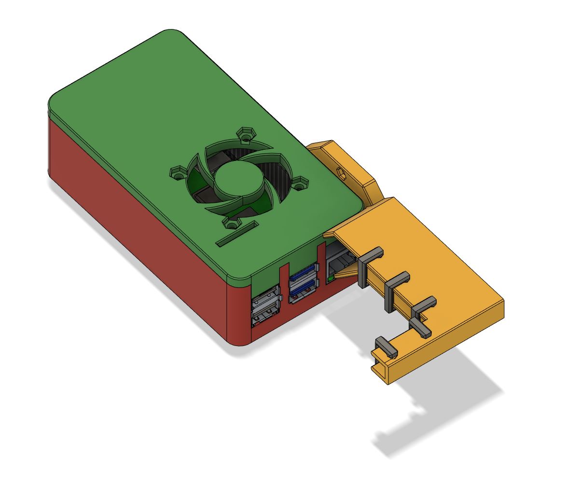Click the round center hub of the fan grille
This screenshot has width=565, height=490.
[236, 181]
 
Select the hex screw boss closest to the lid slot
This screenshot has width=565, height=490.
[232, 223]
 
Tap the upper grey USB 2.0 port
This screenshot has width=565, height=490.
[265, 296]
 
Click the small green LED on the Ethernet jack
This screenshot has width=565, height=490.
[331, 279]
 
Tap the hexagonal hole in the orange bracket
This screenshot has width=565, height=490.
[341, 173]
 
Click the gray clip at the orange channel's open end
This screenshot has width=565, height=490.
[386, 347]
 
